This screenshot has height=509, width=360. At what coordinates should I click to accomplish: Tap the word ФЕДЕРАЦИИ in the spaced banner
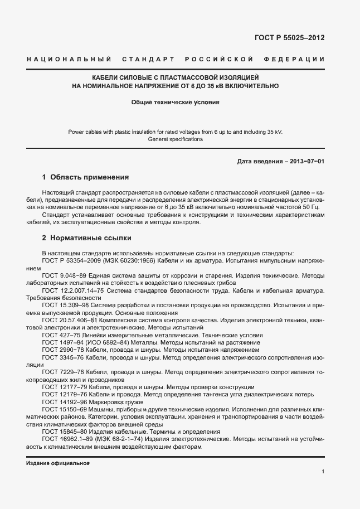(300, 59)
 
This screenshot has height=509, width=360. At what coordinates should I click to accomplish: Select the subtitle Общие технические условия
(176, 102)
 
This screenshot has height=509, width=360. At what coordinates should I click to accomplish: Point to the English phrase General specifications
(176, 139)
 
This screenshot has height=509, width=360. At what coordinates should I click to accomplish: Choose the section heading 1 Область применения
(85, 177)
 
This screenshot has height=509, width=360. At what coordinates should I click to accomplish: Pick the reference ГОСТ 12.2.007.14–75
(73, 290)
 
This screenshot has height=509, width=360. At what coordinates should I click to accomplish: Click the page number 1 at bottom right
(323, 472)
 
